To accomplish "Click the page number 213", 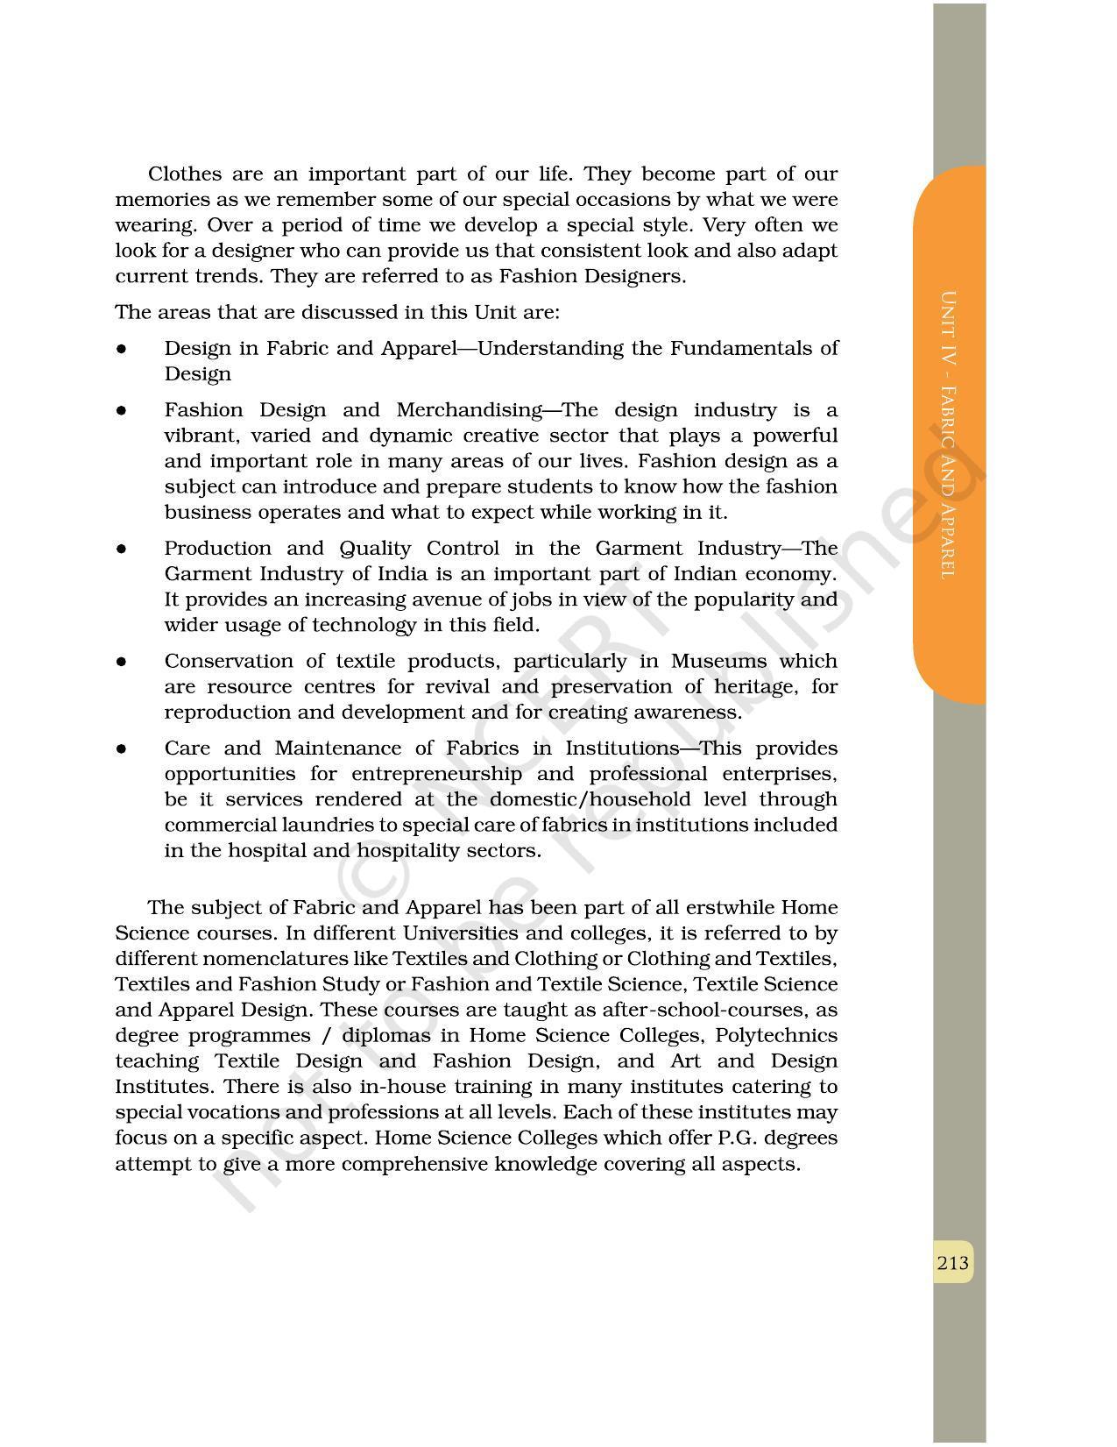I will coord(952,1262).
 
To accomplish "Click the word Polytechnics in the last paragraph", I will coord(776,1035).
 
